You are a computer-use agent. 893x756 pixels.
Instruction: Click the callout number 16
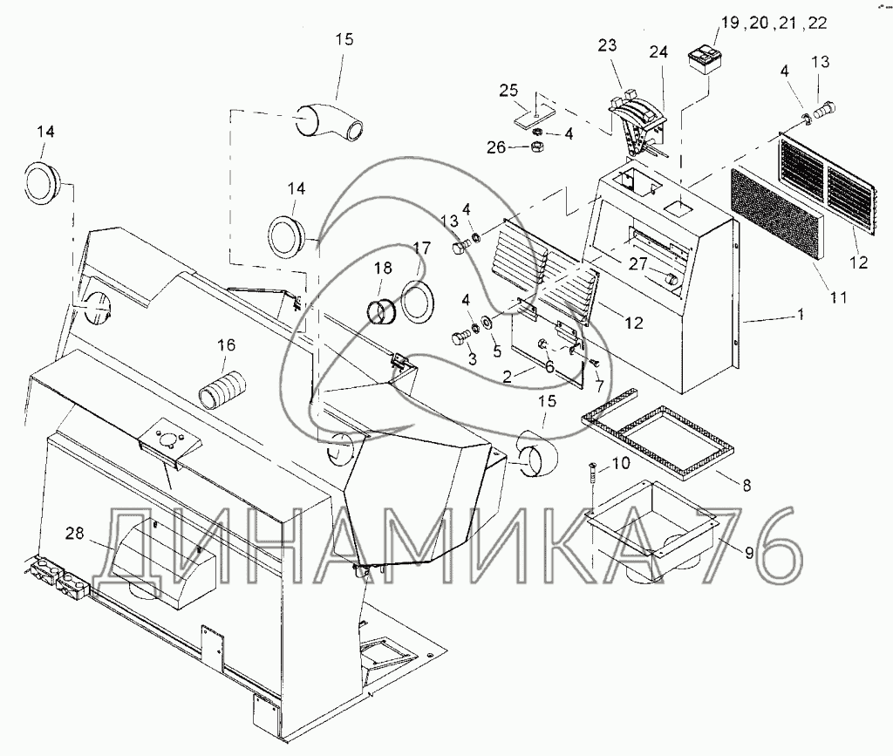pos(226,346)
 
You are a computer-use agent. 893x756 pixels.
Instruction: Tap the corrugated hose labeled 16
pos(223,386)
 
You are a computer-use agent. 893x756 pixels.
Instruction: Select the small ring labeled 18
pos(381,310)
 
